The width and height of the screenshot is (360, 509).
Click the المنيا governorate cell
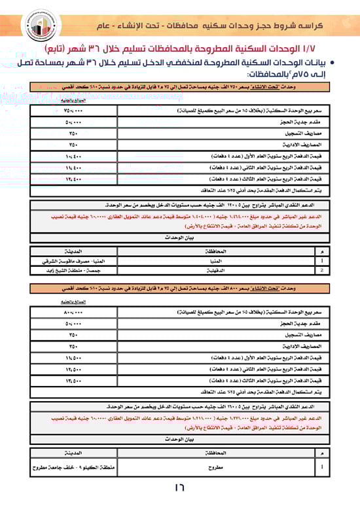coord(220,260)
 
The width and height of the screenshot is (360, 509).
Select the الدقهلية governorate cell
coord(220,269)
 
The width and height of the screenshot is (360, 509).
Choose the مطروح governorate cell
coord(220,467)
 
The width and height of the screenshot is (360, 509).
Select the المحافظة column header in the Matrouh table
coord(220,453)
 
